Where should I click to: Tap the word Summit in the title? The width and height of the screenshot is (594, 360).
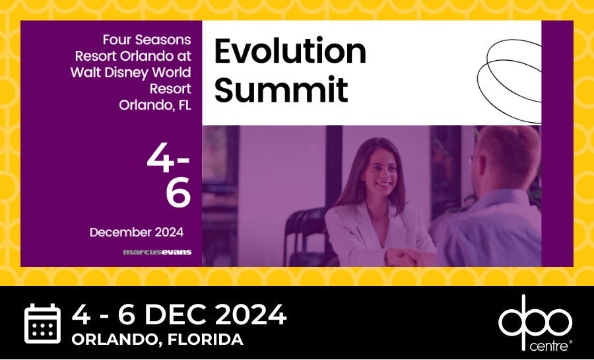281,90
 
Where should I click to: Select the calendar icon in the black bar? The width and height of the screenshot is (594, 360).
42,323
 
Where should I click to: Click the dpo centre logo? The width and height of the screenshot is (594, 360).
535,323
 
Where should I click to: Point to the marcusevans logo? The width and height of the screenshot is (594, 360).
157,252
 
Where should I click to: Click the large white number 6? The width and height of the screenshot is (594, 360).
178,193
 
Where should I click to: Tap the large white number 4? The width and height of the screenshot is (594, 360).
160,158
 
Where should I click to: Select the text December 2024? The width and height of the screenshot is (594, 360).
137,232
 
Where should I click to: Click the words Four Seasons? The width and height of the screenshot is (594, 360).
147,40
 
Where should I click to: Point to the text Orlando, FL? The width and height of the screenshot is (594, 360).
155,105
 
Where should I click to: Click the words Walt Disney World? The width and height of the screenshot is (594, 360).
131,73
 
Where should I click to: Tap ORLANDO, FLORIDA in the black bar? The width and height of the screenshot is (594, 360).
157,339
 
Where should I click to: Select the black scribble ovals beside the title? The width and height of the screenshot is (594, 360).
509,81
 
